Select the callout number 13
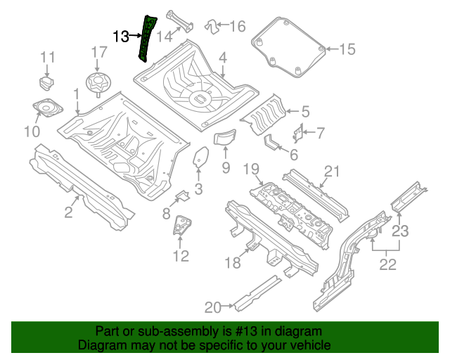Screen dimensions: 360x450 pyautogui.click(x=121, y=36)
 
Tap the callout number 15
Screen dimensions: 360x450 pyautogui.click(x=347, y=49)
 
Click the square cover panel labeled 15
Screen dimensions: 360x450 pyautogui.click(x=288, y=46)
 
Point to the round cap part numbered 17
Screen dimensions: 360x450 pyautogui.click(x=98, y=82)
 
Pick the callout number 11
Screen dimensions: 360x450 pyautogui.click(x=47, y=57)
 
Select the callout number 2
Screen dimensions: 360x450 pyautogui.click(x=68, y=212)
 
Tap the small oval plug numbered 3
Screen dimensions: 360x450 pyautogui.click(x=200, y=157)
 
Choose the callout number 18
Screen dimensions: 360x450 pyautogui.click(x=233, y=263)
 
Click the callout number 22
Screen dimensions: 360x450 pyautogui.click(x=387, y=264)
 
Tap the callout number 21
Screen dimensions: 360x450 pyautogui.click(x=331, y=170)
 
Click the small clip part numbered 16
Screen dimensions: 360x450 pyautogui.click(x=210, y=26)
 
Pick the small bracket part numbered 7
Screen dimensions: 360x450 pyautogui.click(x=297, y=131)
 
